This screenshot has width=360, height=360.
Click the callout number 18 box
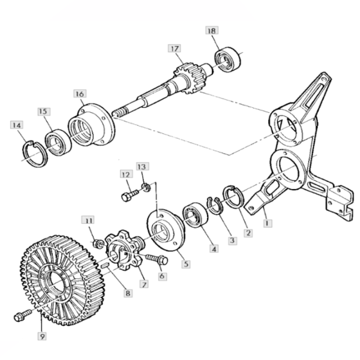(x=212, y=31)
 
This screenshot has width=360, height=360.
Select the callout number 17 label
(x=174, y=49)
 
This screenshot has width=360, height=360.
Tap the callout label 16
(x=80, y=94)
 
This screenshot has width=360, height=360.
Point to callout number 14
(x=16, y=125)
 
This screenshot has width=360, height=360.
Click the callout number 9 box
(x=42, y=337)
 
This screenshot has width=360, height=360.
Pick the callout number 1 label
(x=267, y=222)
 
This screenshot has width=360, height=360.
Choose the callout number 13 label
(x=141, y=166)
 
